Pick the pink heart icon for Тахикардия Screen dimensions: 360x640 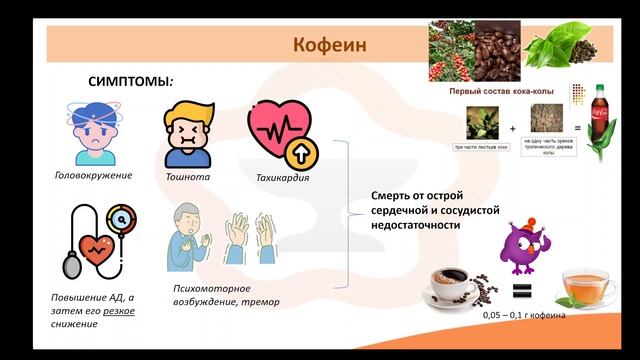280,134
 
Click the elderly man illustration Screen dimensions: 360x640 190,237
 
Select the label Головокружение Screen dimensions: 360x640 93,176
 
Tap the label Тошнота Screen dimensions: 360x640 189,177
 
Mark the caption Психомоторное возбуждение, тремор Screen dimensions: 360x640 222,295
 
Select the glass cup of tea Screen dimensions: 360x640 584,290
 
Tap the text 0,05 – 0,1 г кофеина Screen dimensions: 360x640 523,315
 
